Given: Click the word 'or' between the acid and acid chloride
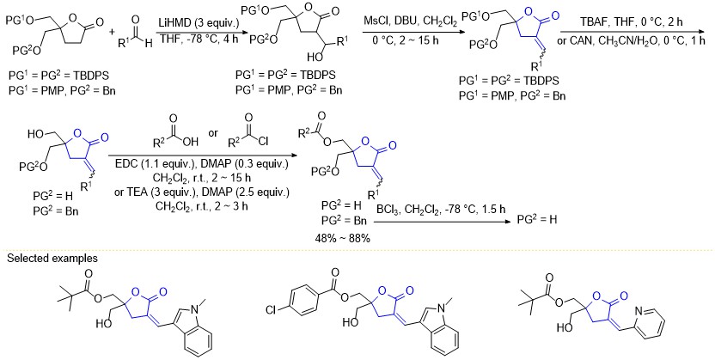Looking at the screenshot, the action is pyautogui.click(x=212, y=134).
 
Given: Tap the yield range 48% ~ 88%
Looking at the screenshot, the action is pyautogui.click(x=342, y=238).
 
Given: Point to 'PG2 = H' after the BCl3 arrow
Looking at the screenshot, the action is pyautogui.click(x=537, y=219).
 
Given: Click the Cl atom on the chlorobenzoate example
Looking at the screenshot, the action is pyautogui.click(x=272, y=311).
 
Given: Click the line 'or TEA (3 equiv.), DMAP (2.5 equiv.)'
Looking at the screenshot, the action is pyautogui.click(x=201, y=193).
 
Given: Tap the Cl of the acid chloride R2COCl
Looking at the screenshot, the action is pyautogui.click(x=264, y=142).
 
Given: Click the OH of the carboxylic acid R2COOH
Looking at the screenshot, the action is pyautogui.click(x=192, y=142).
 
